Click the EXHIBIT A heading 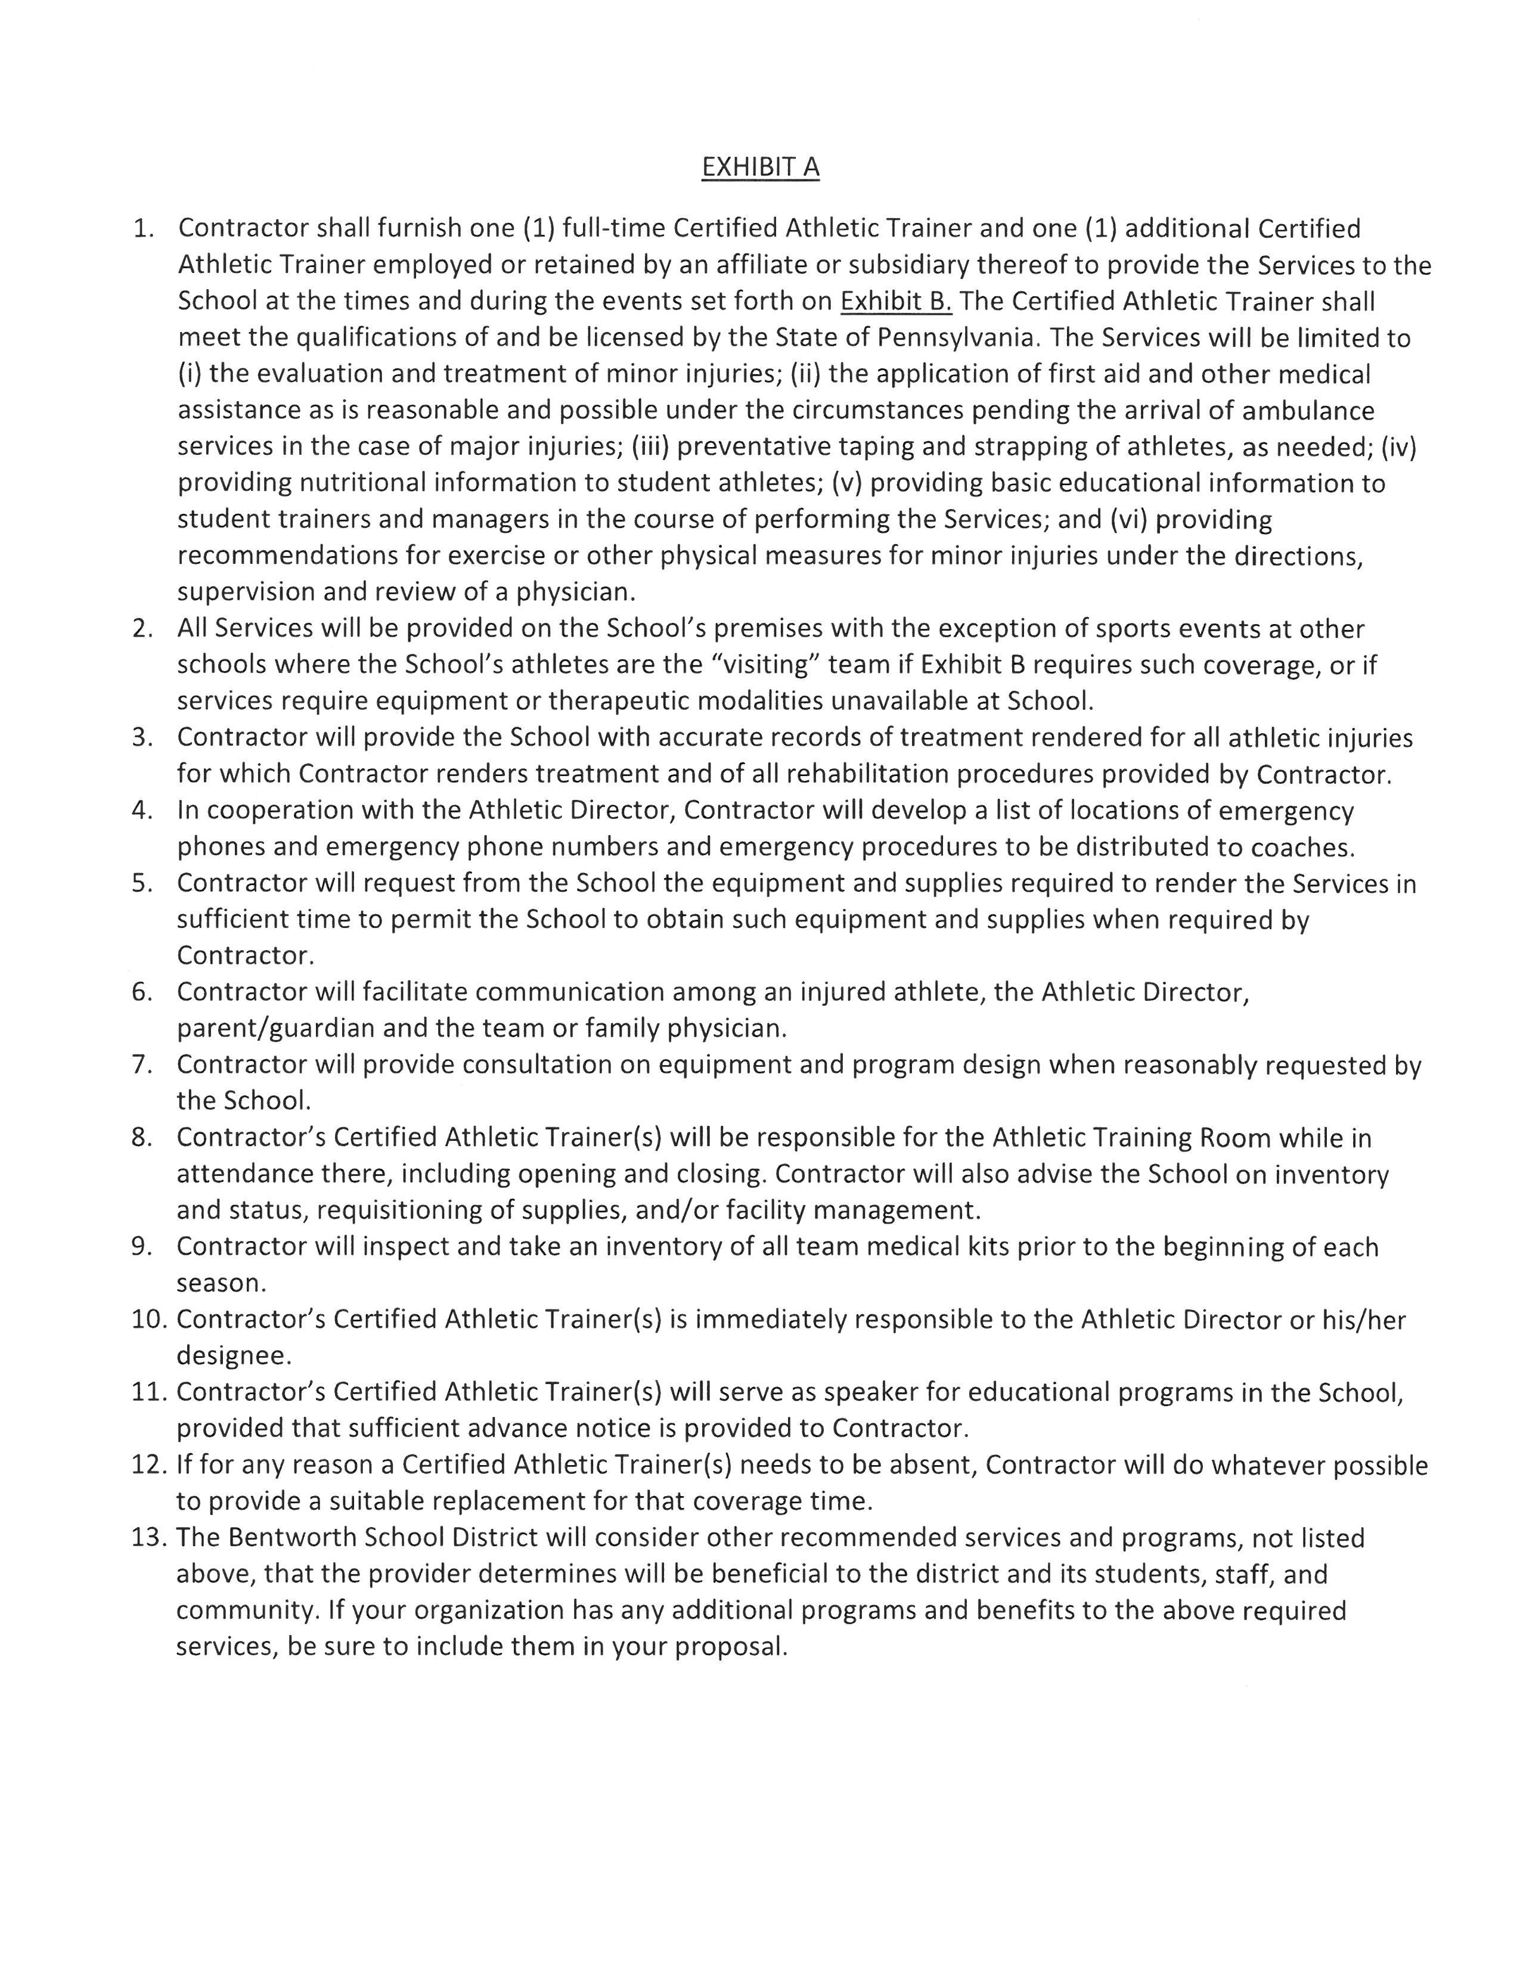[x=760, y=167]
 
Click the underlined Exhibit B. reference [x=895, y=301]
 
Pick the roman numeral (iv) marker [x=1398, y=446]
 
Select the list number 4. [x=142, y=811]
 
